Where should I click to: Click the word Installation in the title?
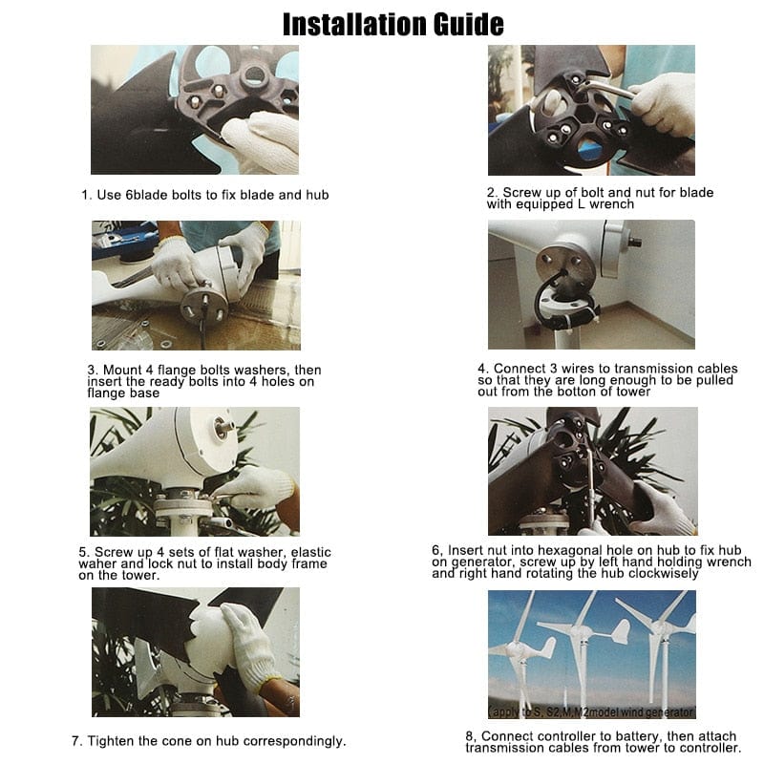358,24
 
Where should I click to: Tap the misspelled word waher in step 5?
104,563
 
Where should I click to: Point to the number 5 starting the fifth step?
83,551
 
